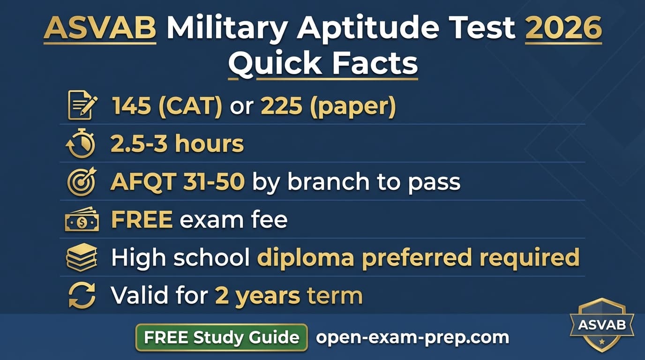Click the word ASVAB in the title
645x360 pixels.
99,29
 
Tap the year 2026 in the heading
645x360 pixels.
563,29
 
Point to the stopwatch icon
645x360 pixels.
81,144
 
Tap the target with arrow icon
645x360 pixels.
82,182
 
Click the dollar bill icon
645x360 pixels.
82,220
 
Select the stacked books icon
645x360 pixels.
82,257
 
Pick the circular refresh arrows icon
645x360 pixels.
82,296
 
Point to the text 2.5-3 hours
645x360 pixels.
177,144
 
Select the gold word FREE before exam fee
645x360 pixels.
142,220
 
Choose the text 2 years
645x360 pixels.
257,296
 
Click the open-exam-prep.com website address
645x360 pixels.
412,337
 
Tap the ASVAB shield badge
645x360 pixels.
601,325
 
